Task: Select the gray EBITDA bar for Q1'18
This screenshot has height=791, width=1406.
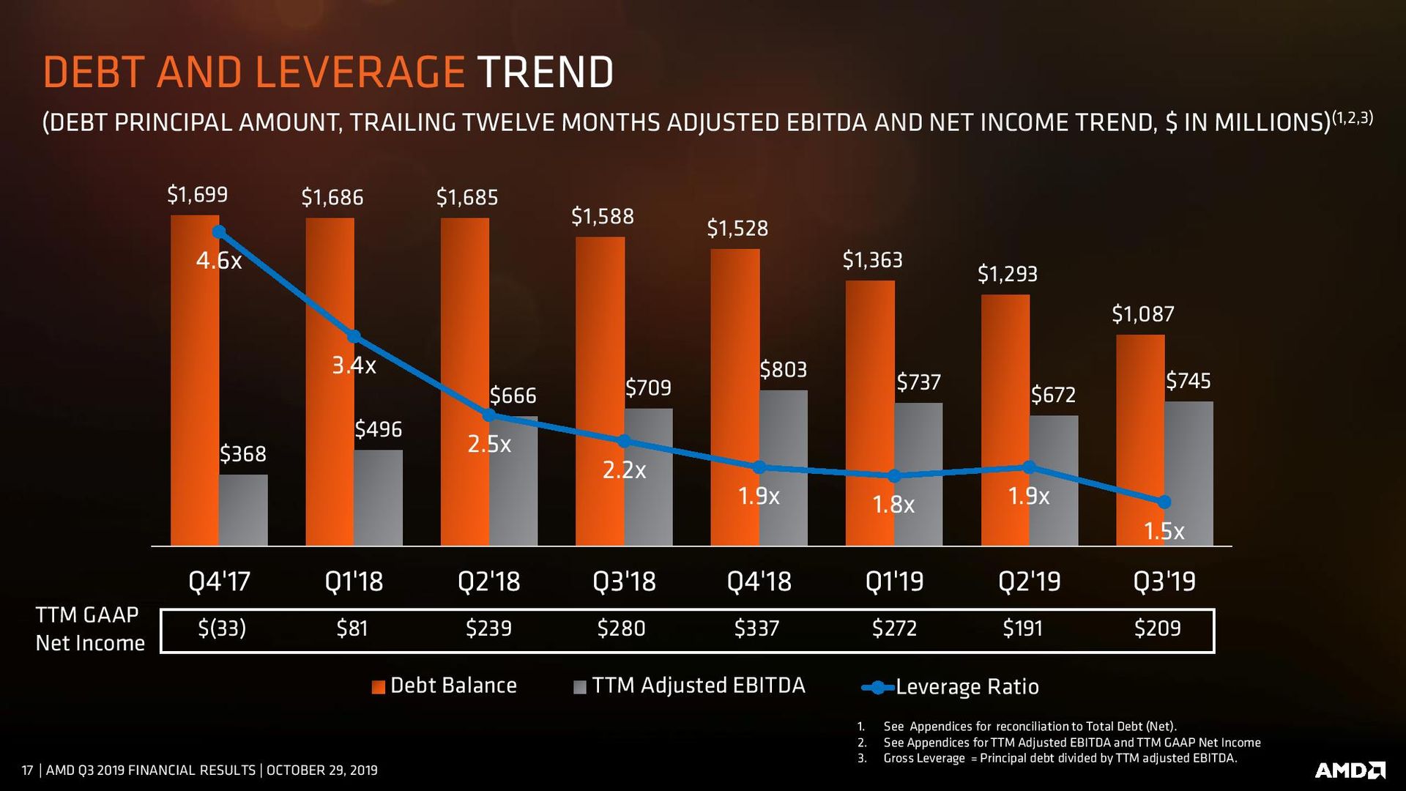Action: click(x=378, y=498)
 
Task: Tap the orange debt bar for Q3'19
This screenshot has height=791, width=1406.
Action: click(x=1140, y=439)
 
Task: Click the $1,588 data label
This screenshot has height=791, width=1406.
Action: click(x=602, y=216)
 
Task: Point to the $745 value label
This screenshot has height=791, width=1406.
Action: click(x=1188, y=381)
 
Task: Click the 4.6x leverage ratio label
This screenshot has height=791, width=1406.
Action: click(x=218, y=260)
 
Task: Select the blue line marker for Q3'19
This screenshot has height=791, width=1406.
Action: click(x=1164, y=502)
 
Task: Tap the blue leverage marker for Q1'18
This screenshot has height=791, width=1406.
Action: click(x=354, y=336)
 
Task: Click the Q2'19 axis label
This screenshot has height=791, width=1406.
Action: click(x=1029, y=582)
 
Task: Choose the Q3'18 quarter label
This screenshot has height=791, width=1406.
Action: click(x=624, y=582)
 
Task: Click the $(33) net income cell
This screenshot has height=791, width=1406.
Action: click(x=221, y=628)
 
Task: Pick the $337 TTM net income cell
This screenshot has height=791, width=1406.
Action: click(x=756, y=628)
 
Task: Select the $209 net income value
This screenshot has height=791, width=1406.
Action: click(x=1157, y=628)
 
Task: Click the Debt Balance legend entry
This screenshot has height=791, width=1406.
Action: click(x=445, y=686)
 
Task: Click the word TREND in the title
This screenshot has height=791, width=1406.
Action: click(x=546, y=72)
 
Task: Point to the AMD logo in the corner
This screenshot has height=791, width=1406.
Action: click(x=1350, y=770)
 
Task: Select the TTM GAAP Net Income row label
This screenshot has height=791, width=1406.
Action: click(x=89, y=628)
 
